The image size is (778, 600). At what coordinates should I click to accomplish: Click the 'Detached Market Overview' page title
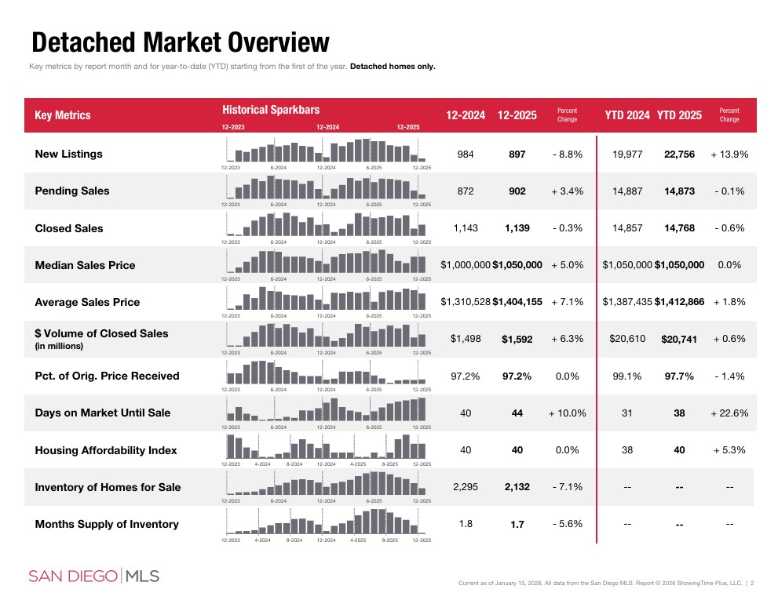click(180, 42)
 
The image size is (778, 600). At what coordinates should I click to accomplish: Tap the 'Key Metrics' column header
click(63, 115)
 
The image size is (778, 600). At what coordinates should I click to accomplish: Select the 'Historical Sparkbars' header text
click(271, 110)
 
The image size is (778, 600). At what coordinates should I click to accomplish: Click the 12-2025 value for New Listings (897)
click(517, 155)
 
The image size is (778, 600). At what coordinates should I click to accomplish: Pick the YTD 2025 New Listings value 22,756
click(679, 155)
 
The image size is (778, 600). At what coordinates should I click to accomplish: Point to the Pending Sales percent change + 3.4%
click(567, 191)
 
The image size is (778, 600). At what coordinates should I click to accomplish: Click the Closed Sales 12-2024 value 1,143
click(466, 228)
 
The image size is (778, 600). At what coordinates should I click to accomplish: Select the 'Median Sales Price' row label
click(85, 265)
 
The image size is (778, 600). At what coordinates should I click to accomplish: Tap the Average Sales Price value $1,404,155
click(517, 302)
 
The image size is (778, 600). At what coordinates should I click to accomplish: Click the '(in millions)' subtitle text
click(59, 346)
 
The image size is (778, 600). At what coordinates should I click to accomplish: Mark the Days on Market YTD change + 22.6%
click(729, 413)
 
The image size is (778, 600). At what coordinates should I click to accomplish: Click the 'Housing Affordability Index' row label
click(106, 450)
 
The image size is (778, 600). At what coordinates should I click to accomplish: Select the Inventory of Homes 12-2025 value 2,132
click(517, 487)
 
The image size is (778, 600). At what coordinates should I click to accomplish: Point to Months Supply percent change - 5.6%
click(567, 524)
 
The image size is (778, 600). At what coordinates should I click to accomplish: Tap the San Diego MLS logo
click(94, 576)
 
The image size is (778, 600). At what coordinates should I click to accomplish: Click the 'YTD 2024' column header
click(626, 115)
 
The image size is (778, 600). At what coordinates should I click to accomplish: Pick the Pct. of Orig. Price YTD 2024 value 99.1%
click(626, 376)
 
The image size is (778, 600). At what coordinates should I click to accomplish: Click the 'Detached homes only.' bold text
click(393, 66)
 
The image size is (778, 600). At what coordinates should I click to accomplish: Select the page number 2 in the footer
click(752, 583)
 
